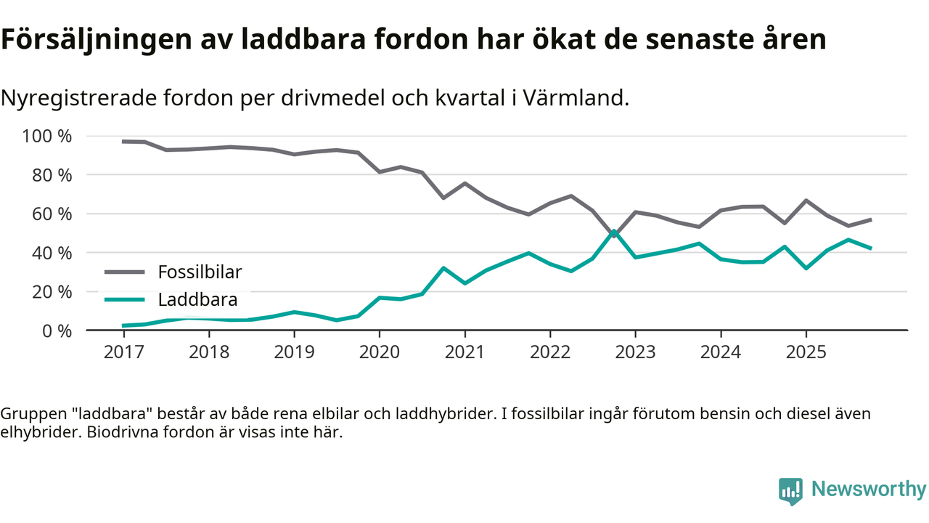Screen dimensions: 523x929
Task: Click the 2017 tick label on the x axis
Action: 123,352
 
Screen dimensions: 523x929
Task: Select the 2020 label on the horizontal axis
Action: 380,352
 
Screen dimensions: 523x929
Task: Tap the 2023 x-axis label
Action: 635,352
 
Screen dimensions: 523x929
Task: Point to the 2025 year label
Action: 806,352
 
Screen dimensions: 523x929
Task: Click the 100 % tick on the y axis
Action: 48,137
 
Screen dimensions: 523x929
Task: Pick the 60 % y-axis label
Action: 52,214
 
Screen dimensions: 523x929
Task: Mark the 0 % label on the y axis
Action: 57,331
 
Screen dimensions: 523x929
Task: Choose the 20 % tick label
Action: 52,292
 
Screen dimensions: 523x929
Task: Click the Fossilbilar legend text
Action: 200,272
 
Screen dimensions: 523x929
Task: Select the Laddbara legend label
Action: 197,299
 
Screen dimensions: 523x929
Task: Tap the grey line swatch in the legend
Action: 125,272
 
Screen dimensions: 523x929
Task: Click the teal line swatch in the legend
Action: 125,299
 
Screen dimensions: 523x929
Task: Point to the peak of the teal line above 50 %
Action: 614,232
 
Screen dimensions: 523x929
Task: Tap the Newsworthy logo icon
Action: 790,491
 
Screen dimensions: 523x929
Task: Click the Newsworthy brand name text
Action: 869,490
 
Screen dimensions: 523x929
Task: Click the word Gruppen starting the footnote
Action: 30,414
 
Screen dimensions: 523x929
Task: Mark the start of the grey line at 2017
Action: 123,142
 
